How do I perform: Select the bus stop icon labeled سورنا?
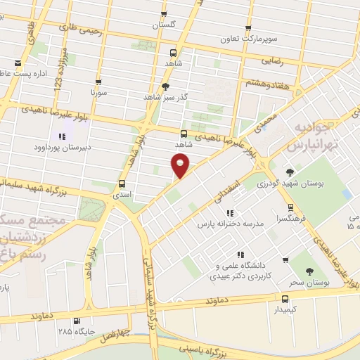(97, 81)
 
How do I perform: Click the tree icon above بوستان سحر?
(308, 269)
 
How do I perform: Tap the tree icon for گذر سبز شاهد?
(165, 86)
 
